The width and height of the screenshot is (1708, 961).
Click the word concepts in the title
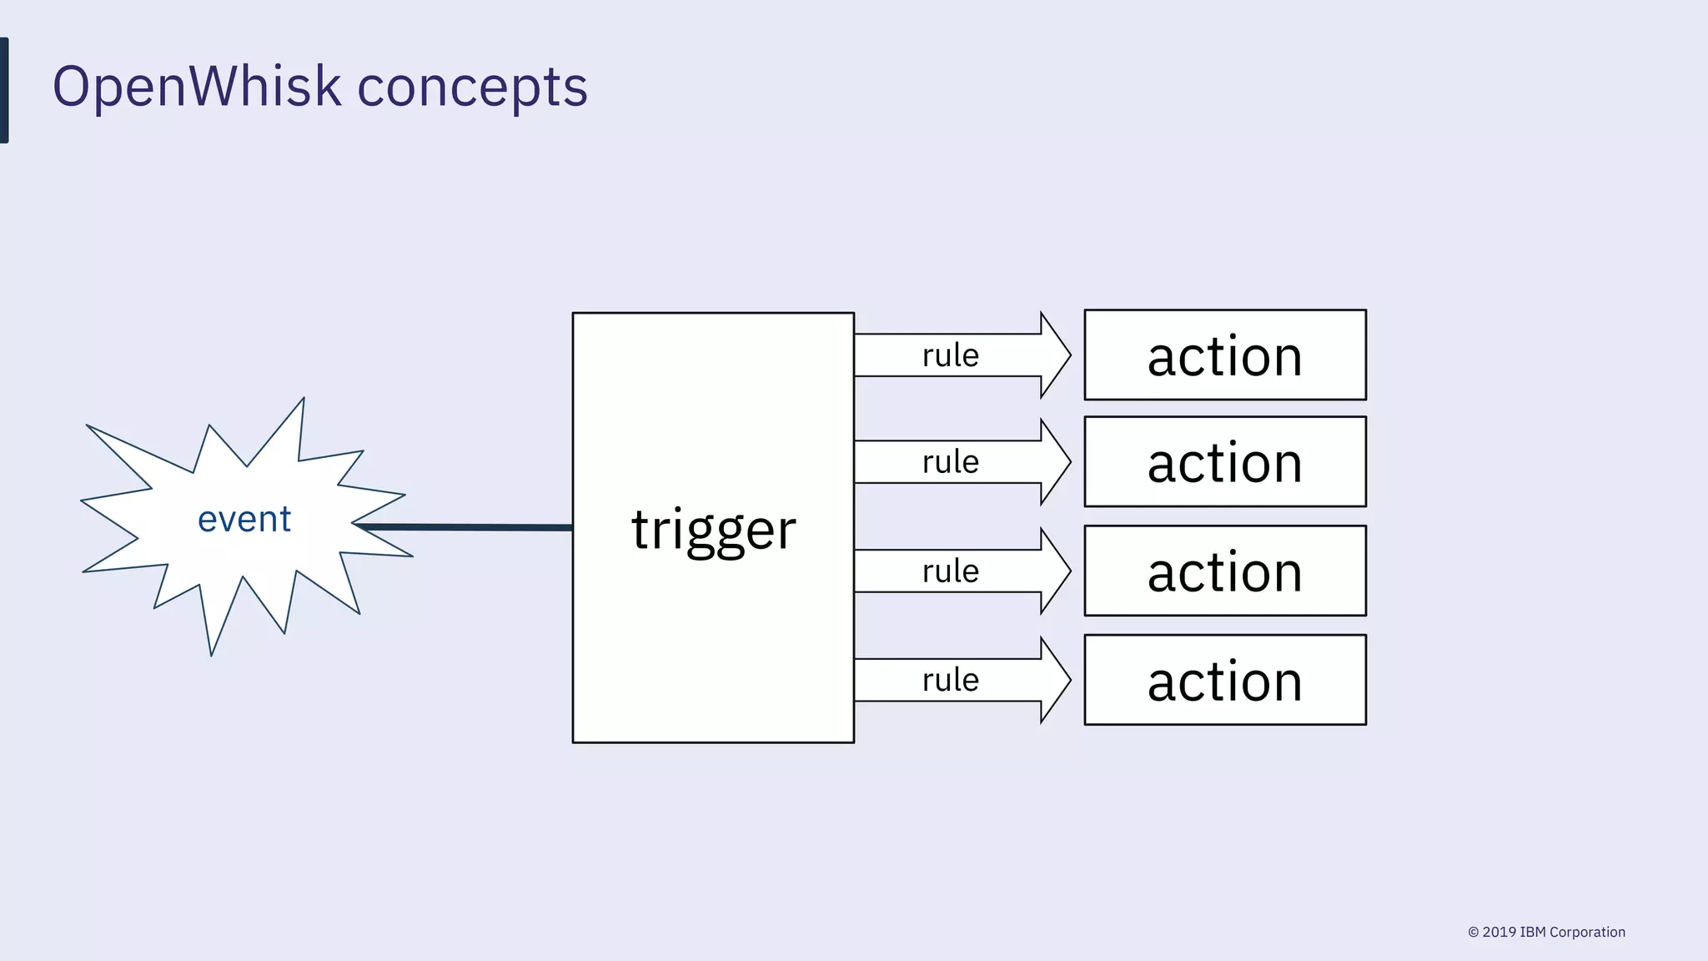(472, 87)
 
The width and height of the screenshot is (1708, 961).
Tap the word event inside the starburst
(244, 520)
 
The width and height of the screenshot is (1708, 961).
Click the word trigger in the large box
(713, 529)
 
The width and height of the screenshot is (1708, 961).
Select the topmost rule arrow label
(950, 355)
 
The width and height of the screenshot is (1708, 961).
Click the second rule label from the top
(950, 462)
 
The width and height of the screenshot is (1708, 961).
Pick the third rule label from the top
(950, 571)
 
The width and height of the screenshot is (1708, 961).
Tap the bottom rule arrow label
(950, 681)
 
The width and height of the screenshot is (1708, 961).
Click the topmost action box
(1224, 355)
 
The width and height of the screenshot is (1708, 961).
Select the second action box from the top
(1224, 462)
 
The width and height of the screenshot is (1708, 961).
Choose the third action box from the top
(1224, 571)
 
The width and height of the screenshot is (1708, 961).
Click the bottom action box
(1224, 681)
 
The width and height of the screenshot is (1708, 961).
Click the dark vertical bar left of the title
(4, 90)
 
